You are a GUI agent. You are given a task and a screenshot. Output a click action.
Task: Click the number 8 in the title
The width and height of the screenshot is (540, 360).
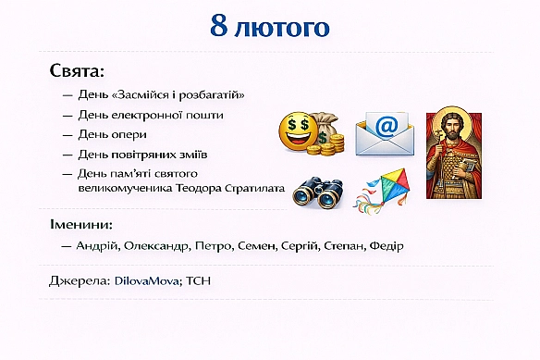click(x=219, y=26)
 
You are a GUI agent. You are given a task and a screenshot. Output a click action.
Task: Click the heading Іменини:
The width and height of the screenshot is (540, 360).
click(x=80, y=225)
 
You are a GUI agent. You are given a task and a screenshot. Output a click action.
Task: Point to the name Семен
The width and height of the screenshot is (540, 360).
click(x=265, y=246)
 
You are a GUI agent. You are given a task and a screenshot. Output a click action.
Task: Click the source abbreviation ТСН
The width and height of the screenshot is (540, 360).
click(x=200, y=279)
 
